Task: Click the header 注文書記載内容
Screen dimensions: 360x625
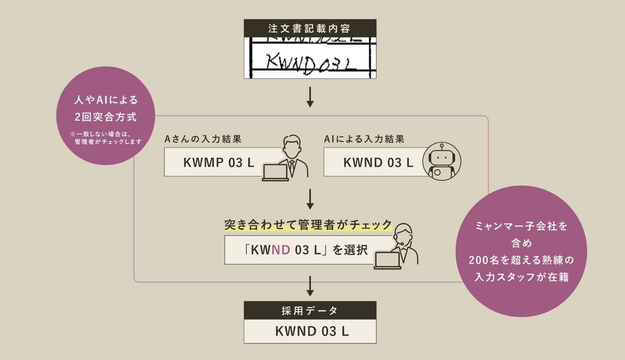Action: pyautogui.click(x=310, y=28)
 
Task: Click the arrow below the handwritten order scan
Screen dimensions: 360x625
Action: pyautogui.click(x=310, y=97)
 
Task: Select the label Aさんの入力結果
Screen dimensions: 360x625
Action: pyautogui.click(x=203, y=139)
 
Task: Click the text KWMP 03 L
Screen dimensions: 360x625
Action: pyautogui.click(x=219, y=163)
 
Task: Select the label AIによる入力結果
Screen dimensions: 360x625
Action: pyautogui.click(x=364, y=139)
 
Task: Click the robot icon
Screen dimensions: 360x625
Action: pyautogui.click(x=442, y=161)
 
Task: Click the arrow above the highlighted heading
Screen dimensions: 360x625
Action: pyautogui.click(x=310, y=199)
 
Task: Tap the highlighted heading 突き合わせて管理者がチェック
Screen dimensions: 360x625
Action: pyautogui.click(x=308, y=225)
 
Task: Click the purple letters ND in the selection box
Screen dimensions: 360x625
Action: pyautogui.click(x=281, y=250)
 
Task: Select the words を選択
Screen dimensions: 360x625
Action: pyautogui.click(x=350, y=250)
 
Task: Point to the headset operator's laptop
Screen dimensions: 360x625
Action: pyautogui.click(x=387, y=260)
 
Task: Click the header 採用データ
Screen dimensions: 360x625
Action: pyautogui.click(x=310, y=311)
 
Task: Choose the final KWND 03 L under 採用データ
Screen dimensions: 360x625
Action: pyautogui.click(x=312, y=331)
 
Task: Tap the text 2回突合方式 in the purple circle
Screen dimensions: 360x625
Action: pyautogui.click(x=106, y=117)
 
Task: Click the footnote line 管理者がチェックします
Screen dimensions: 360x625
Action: pyautogui.click(x=108, y=142)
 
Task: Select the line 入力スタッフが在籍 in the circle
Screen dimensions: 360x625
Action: pyautogui.click(x=522, y=277)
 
